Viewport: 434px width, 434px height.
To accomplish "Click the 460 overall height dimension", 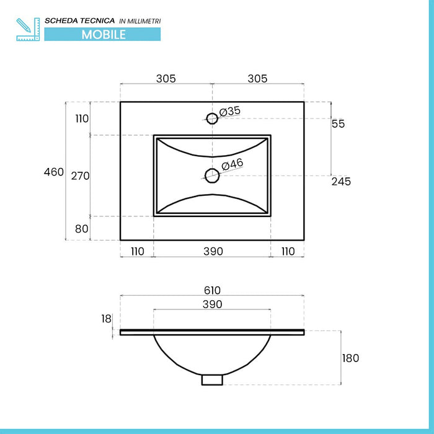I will [x=54, y=172].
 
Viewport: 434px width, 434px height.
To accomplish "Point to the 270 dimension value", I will [x=81, y=176].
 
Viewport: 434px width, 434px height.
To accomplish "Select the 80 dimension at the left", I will [x=82, y=228].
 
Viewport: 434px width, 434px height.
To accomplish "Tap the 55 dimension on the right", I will [x=338, y=124].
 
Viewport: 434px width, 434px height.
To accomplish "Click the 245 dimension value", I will [x=340, y=182].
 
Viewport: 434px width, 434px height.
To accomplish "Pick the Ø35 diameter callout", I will [x=230, y=111].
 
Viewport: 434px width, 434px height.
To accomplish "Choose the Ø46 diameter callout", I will [x=232, y=164].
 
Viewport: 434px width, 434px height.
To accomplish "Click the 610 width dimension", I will [x=212, y=290].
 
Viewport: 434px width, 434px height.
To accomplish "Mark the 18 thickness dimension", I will [x=107, y=319].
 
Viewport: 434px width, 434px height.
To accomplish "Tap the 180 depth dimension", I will [x=350, y=358].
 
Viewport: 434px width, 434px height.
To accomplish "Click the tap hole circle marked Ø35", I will [x=212, y=118].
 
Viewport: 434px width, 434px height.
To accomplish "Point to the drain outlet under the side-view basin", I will [x=212, y=379].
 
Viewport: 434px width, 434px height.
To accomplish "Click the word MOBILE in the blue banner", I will [x=104, y=35].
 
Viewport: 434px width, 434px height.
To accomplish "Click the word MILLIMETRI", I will [x=144, y=21].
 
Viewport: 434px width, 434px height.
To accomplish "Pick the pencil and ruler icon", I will [x=28, y=29].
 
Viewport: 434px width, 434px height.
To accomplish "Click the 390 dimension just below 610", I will [x=212, y=304].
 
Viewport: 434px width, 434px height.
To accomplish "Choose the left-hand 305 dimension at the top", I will [x=166, y=79].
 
